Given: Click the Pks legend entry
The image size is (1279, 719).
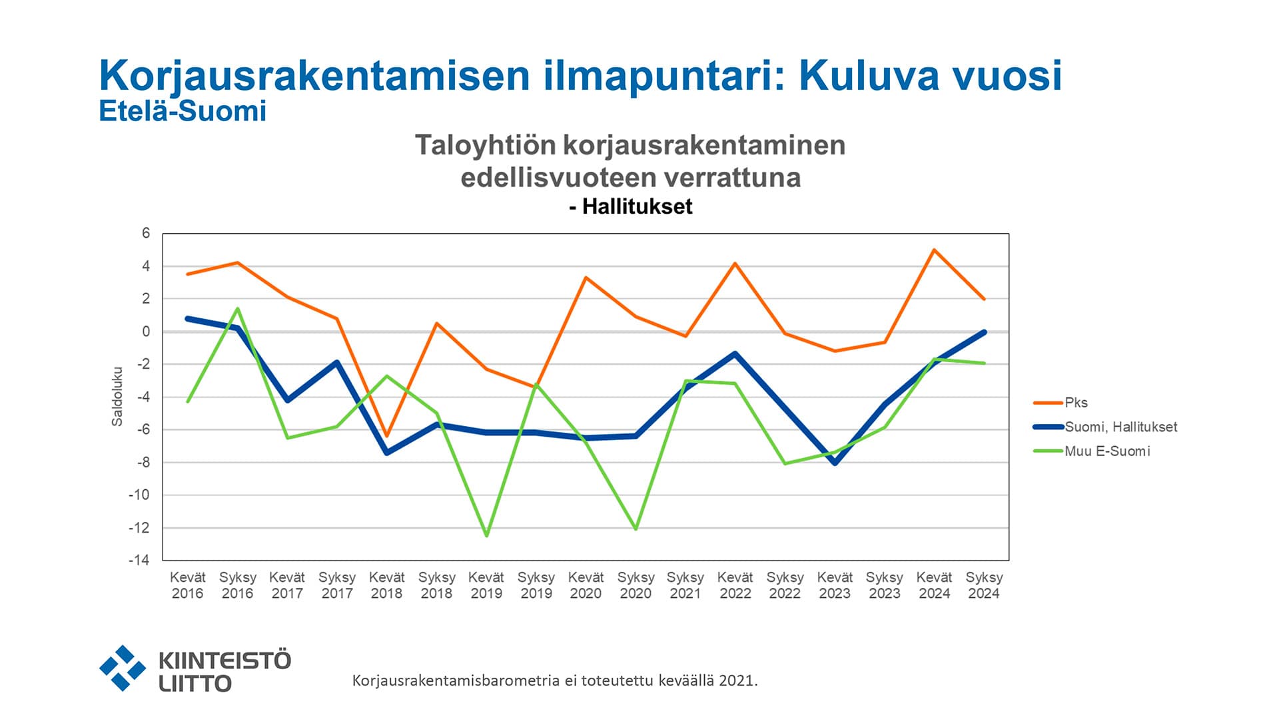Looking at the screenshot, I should (x=1075, y=403).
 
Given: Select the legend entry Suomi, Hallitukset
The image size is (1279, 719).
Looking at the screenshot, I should (x=1120, y=427).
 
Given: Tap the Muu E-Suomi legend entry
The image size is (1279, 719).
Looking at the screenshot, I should (x=1106, y=451).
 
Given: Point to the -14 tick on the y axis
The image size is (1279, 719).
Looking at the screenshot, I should (x=139, y=560).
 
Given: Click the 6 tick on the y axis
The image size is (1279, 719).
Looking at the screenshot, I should (x=146, y=233).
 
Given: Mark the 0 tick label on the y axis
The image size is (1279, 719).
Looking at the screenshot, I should (x=146, y=332).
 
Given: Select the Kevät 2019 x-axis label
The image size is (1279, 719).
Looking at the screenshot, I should (x=486, y=585).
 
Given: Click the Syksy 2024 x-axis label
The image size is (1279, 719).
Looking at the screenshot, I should (x=984, y=585).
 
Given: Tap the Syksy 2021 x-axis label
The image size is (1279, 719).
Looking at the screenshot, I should (x=685, y=585).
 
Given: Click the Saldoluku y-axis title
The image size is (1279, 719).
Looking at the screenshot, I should (x=117, y=396).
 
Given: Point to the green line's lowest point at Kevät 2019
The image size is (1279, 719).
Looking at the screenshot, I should (x=486, y=535).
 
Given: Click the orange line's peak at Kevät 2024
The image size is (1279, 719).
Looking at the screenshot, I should (x=934, y=250).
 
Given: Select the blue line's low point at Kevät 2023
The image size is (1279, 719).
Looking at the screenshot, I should (x=835, y=463).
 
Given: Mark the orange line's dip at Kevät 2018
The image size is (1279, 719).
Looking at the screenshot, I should (x=386, y=436).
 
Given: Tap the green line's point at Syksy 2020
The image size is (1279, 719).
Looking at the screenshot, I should (x=636, y=529).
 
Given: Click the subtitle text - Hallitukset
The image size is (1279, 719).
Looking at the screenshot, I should (x=630, y=207).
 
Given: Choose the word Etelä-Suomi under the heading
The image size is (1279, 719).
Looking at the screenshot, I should (x=183, y=111).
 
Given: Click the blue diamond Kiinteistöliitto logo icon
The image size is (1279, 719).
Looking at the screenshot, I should (x=123, y=668).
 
